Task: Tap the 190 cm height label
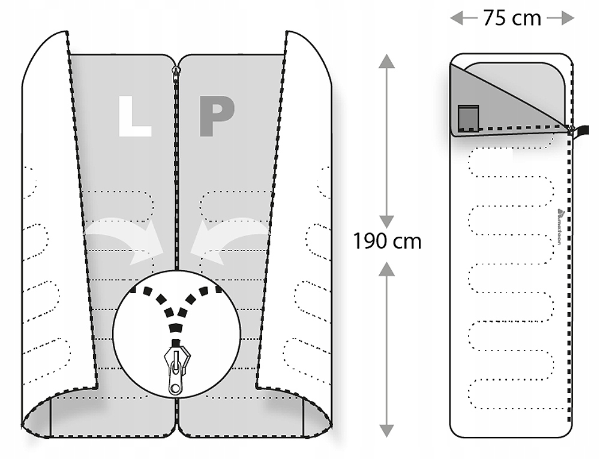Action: click(x=387, y=241)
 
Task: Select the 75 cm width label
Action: click(x=512, y=18)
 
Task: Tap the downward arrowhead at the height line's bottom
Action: click(x=387, y=430)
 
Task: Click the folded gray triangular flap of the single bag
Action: click(x=480, y=102)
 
